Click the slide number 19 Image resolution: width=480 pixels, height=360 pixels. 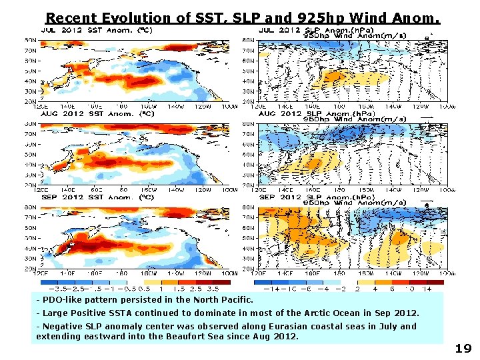click(x=463, y=348)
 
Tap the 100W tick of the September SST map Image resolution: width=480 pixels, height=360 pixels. click(x=229, y=273)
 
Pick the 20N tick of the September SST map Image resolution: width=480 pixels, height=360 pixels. click(x=31, y=268)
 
